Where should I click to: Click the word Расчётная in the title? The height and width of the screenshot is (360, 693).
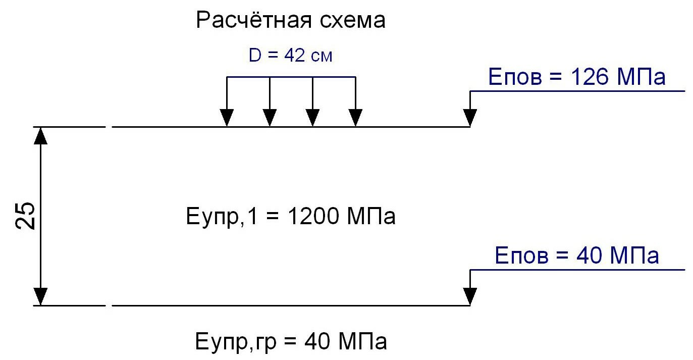[254, 20]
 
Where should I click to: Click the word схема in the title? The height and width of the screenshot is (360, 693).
[353, 21]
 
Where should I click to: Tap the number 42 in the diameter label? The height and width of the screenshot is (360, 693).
[295, 56]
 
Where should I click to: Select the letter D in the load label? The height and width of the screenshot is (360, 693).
[255, 56]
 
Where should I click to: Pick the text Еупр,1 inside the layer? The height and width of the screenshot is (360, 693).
[222, 217]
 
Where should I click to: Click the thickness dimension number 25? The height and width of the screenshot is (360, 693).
[25, 216]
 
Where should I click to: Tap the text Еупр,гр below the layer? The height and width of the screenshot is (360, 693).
[236, 342]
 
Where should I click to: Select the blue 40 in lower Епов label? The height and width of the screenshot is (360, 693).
[589, 255]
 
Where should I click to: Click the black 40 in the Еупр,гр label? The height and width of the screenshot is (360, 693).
[316, 341]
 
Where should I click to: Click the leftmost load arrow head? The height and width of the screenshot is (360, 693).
[227, 118]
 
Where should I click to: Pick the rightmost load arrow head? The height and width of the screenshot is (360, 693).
[355, 118]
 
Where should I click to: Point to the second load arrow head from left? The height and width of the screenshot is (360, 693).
[270, 118]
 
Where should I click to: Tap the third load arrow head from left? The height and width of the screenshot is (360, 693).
[312, 118]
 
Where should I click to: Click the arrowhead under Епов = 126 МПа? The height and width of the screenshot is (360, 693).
[470, 118]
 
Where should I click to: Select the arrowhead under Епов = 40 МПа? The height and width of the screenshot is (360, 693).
[470, 296]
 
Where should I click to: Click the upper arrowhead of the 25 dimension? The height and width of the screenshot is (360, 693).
[40, 136]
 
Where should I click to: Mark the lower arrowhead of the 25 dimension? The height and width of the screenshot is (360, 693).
[40, 296]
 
